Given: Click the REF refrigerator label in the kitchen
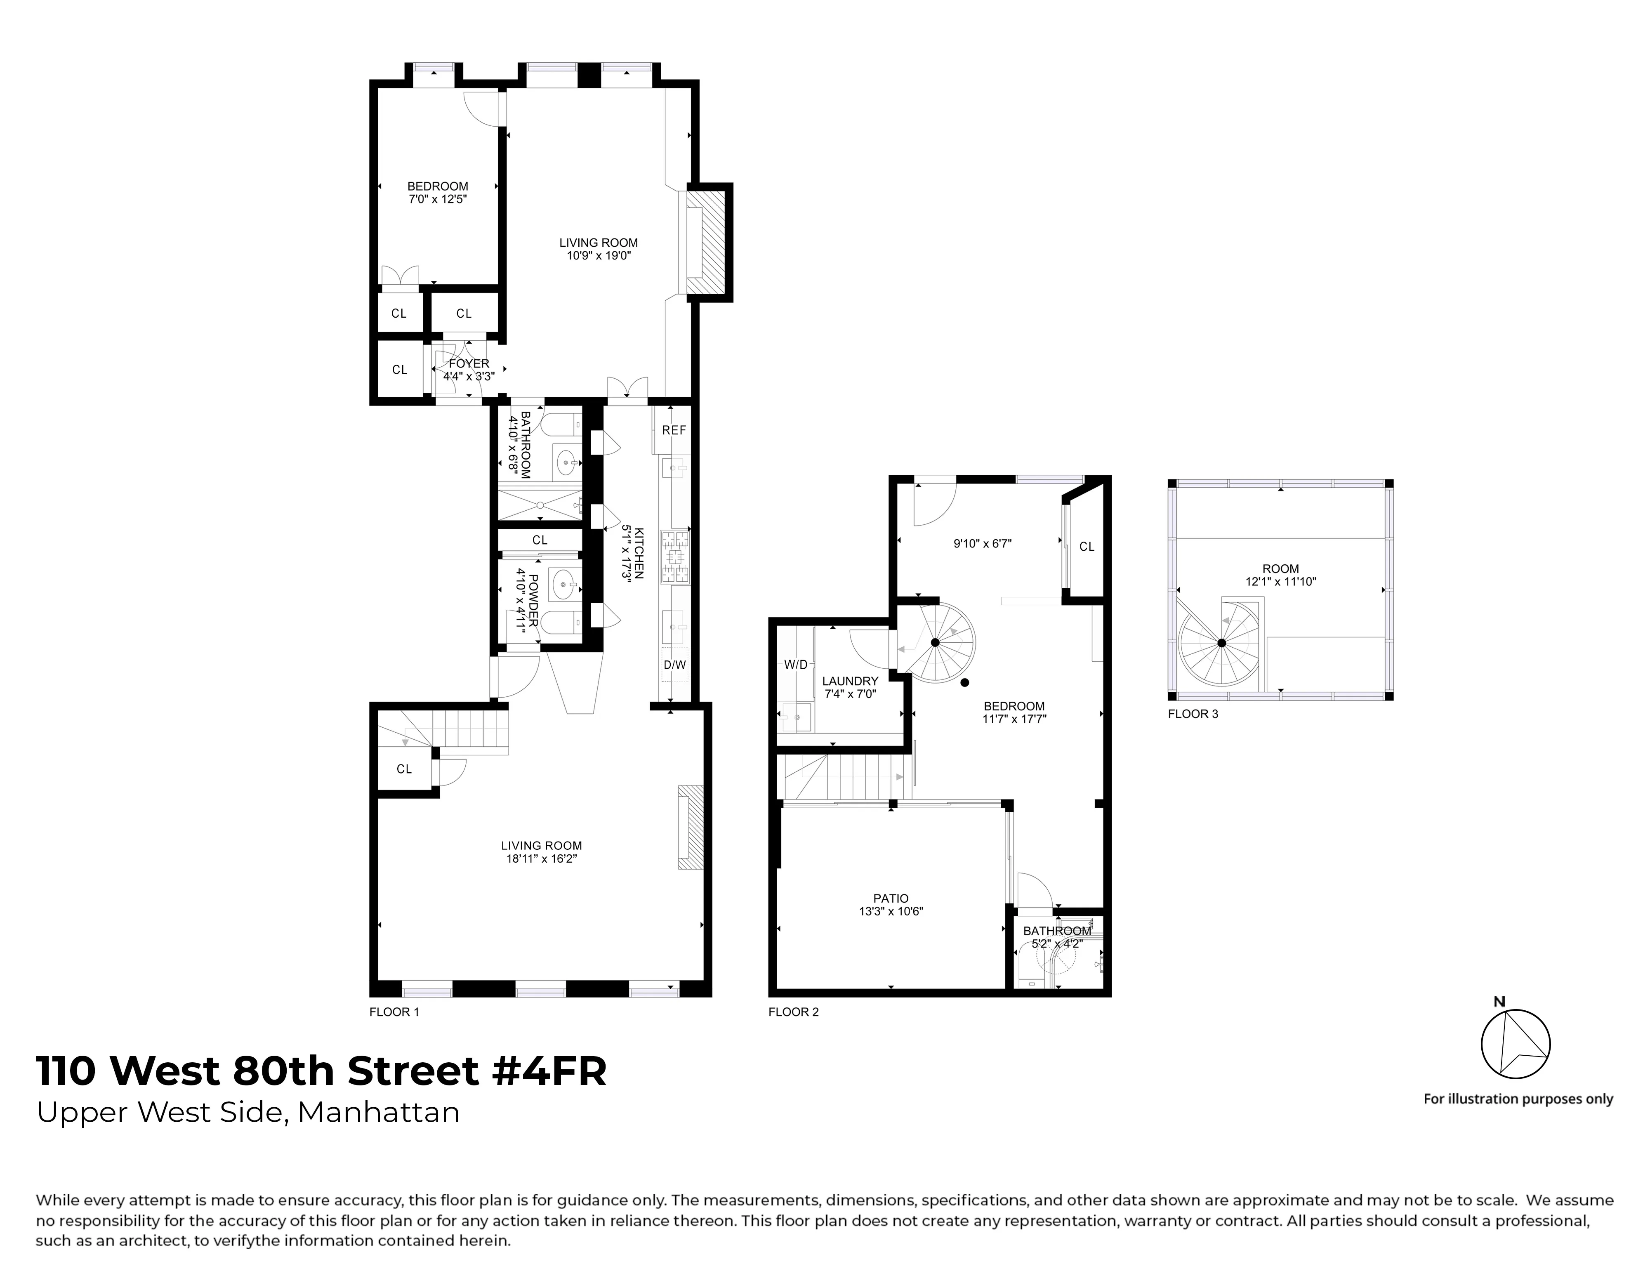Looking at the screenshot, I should tap(674, 430).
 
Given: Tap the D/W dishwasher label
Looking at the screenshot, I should tap(675, 665).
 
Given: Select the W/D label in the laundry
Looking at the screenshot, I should tap(796, 665).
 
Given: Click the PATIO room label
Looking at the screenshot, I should tap(891, 899).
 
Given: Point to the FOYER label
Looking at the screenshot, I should tap(469, 363).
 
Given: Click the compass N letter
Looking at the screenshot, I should tap(1500, 1002).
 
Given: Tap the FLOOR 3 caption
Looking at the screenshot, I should tap(1193, 713).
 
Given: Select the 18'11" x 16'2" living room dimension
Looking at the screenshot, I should tap(542, 858).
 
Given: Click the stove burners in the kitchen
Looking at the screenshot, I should tap(675, 557).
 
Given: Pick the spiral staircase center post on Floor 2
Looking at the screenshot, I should tap(935, 642).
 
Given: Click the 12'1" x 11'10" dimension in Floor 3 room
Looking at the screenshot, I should tap(1280, 582).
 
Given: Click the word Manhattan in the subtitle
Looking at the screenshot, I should tap(379, 1112).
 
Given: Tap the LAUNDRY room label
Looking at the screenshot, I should tap(850, 681).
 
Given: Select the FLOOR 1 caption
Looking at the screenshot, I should tap(394, 1012).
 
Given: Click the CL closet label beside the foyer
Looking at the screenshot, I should tap(400, 370).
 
